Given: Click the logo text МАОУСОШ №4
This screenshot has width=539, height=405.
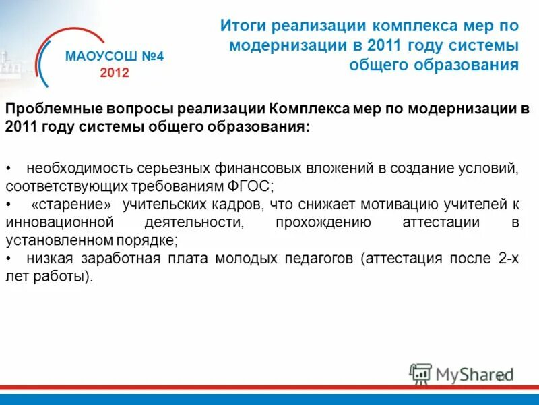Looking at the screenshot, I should pyautogui.click(x=114, y=57).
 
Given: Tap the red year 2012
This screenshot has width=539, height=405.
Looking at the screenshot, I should pyautogui.click(x=114, y=73).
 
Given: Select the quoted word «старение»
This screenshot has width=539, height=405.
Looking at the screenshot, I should pyautogui.click(x=71, y=204).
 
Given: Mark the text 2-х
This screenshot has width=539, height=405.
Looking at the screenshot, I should pyautogui.click(x=507, y=259).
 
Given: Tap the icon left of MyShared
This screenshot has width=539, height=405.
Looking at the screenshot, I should pyautogui.click(x=420, y=373).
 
